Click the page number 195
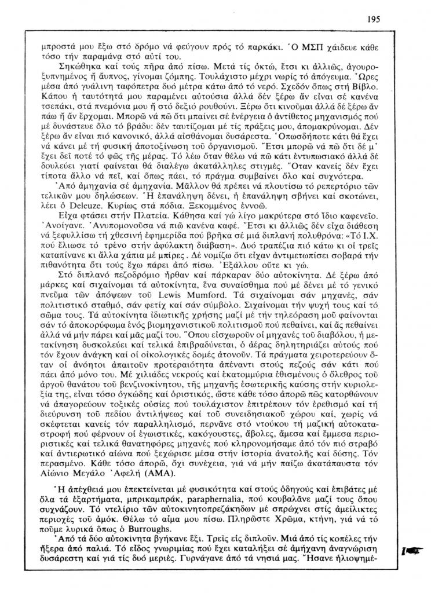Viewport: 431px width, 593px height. point(374,19)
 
